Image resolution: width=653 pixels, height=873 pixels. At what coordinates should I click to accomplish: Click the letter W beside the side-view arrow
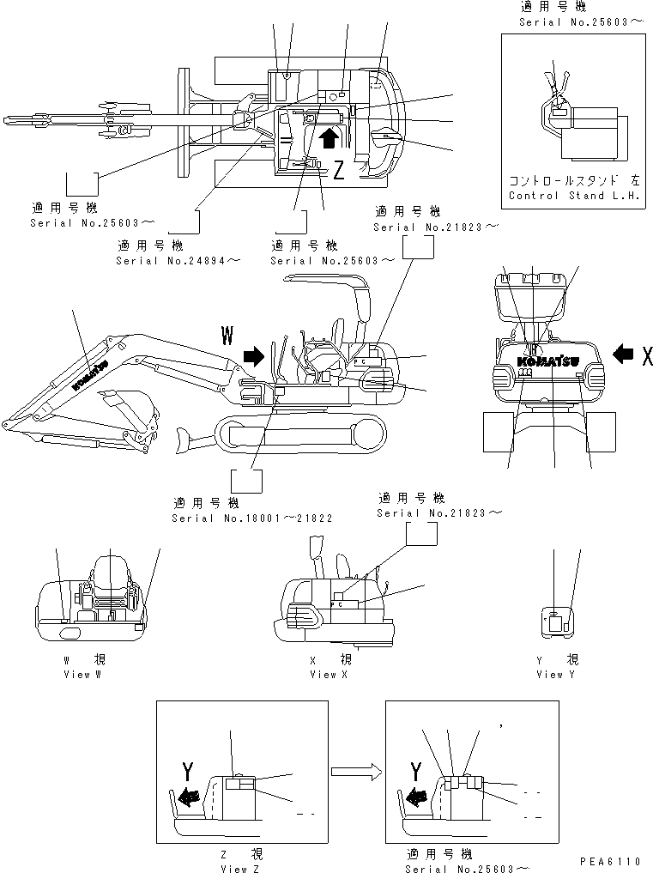coord(227,335)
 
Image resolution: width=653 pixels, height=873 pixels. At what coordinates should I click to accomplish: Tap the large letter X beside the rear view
coord(646,356)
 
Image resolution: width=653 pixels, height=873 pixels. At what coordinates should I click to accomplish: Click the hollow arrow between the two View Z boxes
coord(355,773)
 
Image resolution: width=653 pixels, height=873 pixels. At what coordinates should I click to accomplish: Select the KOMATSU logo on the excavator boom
coord(88,375)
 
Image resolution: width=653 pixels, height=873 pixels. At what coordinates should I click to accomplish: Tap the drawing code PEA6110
coord(610,861)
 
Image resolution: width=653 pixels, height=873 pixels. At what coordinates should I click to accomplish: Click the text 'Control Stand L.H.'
coord(574,196)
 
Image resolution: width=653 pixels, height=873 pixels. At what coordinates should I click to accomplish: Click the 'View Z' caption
coord(245,869)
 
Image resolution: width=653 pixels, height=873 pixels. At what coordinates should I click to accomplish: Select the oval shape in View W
coord(69,633)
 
